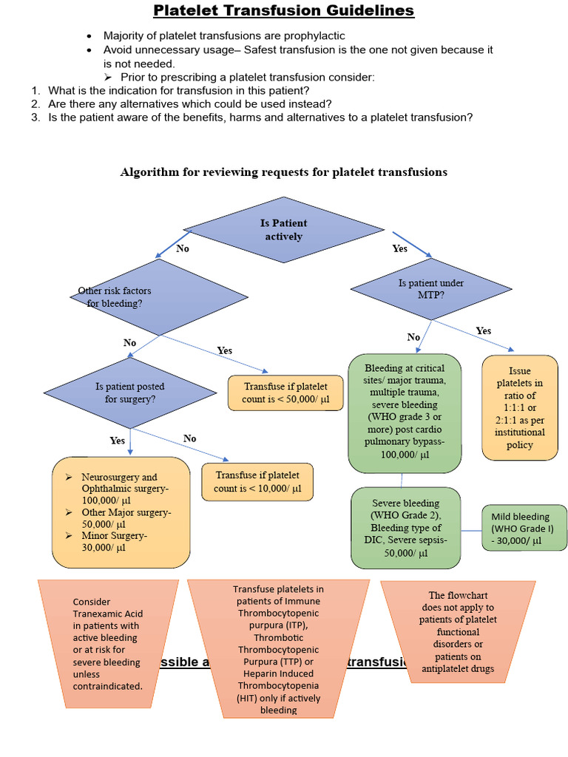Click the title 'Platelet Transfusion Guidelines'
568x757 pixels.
284,11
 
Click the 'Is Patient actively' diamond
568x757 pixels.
283,230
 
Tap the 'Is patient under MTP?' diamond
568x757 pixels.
430,288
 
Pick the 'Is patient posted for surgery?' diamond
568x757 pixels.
130,393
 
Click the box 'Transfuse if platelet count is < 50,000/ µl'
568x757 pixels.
285,393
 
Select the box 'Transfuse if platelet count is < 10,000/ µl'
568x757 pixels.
257,482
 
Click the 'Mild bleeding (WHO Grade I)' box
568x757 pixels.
525,529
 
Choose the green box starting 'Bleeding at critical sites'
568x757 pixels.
404,412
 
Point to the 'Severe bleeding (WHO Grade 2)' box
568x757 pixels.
405,527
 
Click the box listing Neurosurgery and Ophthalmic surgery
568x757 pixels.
121,512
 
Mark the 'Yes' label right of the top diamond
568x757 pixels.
400,248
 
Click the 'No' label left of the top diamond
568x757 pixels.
183,248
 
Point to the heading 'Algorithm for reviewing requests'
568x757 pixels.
284,172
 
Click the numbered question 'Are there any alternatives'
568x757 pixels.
189,103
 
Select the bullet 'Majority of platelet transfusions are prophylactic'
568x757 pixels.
223,35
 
